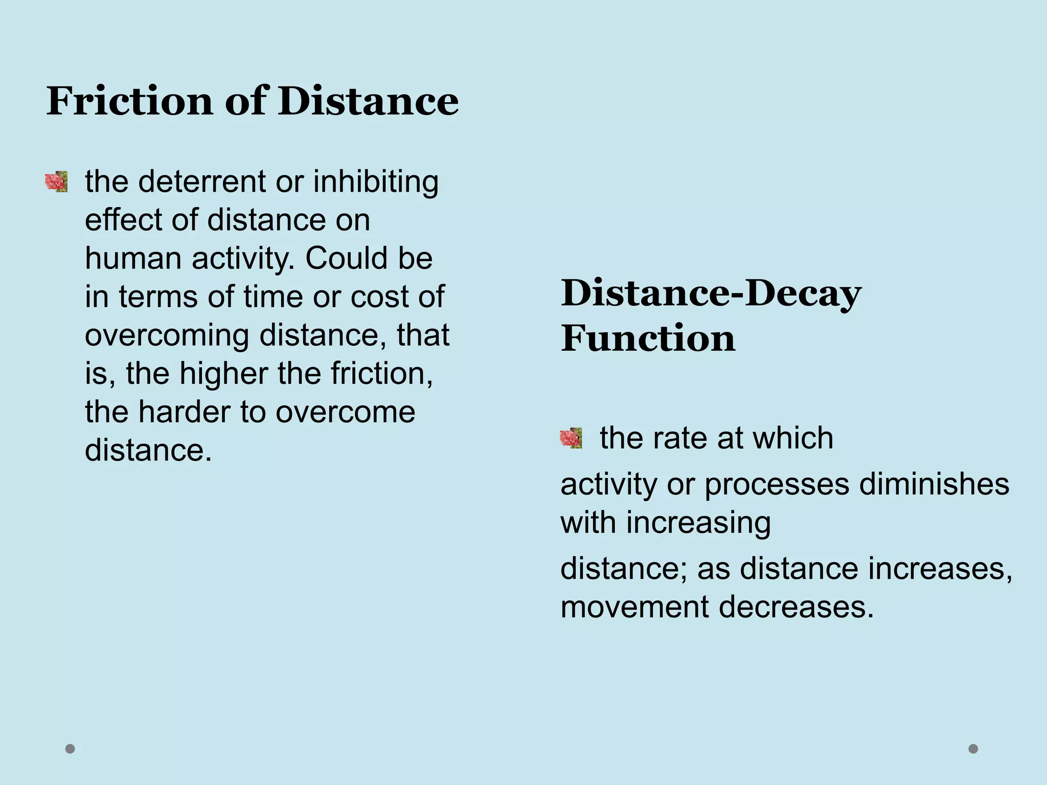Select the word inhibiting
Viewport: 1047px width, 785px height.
pyautogui.click(x=376, y=182)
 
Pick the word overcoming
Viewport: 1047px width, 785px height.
pyautogui.click(x=167, y=336)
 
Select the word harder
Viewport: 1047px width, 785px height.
pyautogui.click(x=184, y=412)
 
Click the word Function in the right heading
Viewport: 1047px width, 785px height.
pyautogui.click(x=648, y=338)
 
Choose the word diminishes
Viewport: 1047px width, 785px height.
pyautogui.click(x=934, y=484)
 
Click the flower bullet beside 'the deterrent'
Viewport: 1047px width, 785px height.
pyautogui.click(x=56, y=182)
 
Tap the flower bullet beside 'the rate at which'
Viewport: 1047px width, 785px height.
pyautogui.click(x=571, y=438)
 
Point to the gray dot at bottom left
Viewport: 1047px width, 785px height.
pyautogui.click(x=70, y=749)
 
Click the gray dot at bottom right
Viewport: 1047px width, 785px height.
pyautogui.click(x=973, y=749)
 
